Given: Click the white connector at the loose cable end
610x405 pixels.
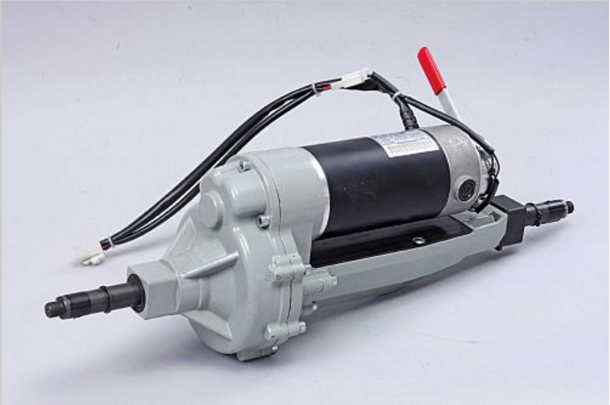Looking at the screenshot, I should [91, 256].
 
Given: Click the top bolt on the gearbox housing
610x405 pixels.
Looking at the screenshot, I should [243, 166].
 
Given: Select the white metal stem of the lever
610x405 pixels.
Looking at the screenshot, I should [448, 105].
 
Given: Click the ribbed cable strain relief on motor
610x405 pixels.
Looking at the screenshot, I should [407, 118].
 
